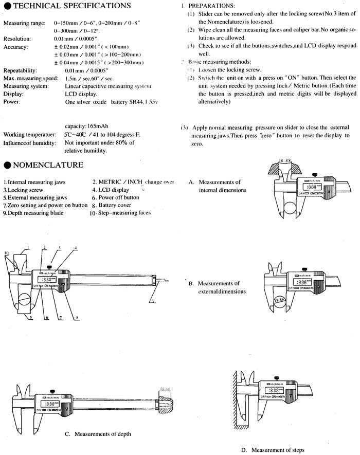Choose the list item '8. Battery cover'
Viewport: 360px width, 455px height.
(x=115, y=205)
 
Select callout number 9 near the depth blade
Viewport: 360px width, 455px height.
(x=153, y=300)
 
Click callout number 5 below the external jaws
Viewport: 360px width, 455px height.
(x=30, y=318)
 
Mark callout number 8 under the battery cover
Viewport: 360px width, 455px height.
(x=77, y=318)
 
